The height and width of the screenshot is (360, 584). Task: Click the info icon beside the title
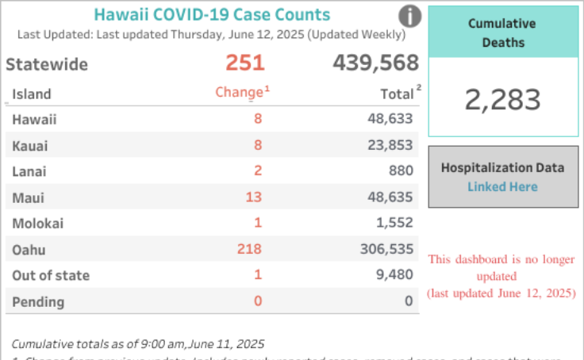point(409,16)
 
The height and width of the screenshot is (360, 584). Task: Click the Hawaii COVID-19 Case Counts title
point(212,15)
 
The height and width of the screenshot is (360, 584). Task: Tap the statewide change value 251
point(244,63)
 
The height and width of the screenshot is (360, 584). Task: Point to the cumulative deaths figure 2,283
point(502,100)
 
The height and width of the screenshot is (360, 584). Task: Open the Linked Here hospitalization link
point(502,187)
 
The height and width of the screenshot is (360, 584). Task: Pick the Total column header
point(397,94)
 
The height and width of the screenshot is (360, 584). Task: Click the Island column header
point(32,94)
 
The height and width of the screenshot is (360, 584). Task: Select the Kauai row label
point(30,145)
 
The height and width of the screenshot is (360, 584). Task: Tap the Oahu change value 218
point(249,249)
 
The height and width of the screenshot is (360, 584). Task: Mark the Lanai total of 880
point(401,171)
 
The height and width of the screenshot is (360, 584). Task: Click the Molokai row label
point(38,224)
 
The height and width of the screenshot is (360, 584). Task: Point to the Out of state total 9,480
point(394,275)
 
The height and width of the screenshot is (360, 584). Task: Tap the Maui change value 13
point(254,197)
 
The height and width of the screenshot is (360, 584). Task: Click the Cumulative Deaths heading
point(502,33)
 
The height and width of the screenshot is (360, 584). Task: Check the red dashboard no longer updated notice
point(501,276)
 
